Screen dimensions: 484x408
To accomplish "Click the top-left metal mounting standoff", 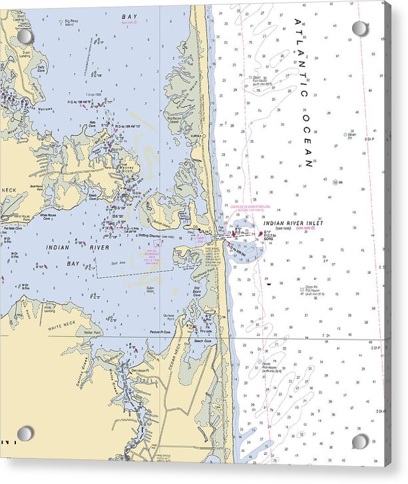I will coord(25,36).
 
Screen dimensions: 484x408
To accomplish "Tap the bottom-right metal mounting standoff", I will coord(360,441).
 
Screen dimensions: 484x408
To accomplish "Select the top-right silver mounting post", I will coord(360,29).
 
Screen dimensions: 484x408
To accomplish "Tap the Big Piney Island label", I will coord(70,23).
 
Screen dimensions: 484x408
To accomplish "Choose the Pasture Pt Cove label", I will coord(160,331).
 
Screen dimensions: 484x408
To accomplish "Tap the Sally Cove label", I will coord(41,67).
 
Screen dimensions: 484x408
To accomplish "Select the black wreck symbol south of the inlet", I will coord(268,284).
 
